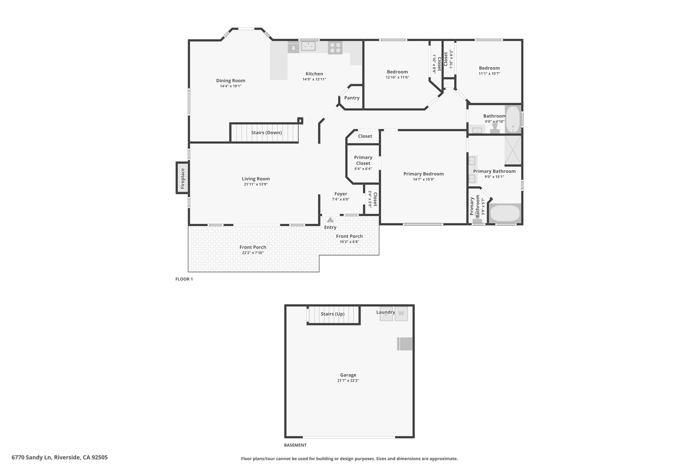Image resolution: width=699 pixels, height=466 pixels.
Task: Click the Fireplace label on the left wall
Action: pos(183,178)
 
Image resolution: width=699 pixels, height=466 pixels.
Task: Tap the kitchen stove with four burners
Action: pos(335,48)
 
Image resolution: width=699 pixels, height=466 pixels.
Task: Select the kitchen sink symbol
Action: pos(308,46)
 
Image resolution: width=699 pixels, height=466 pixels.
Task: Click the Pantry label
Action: pos(352,98)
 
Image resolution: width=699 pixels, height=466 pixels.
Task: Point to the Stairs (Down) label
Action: pos(267,132)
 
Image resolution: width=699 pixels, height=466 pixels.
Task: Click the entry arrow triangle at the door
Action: pos(330,220)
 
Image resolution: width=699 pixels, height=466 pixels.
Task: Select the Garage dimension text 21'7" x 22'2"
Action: pos(348,380)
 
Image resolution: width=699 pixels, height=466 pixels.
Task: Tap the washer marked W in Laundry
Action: pos(401,314)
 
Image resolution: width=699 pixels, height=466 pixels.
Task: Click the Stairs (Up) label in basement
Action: pos(332,314)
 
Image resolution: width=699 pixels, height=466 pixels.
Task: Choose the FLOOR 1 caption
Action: pos(184,279)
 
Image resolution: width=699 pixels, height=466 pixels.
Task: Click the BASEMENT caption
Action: pos(295,445)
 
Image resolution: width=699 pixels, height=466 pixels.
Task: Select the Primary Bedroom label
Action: pos(424,174)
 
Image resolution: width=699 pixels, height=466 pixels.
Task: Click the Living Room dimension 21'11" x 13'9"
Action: pos(256,184)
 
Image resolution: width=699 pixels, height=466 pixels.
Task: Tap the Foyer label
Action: pos(341,194)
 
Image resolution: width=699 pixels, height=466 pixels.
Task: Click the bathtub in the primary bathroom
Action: pos(505,213)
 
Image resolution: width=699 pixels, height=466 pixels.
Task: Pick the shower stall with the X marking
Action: pos(513,150)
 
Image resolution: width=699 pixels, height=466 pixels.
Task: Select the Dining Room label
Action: pos(231,81)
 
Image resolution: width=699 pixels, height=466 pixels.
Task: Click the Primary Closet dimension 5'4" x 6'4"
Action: pos(363,169)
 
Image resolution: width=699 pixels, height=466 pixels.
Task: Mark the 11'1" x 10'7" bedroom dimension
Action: pos(489,73)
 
